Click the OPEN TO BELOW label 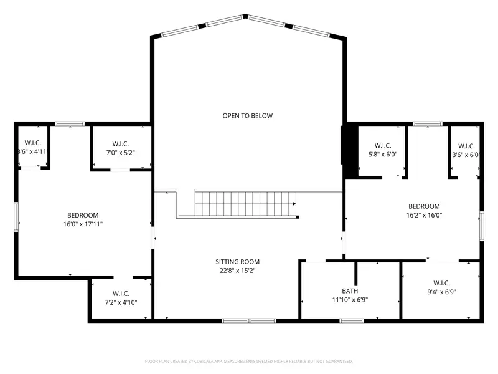[x=248, y=115]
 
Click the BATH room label [x=350, y=290]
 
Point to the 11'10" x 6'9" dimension [x=350, y=300]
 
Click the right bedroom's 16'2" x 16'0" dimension [x=424, y=216]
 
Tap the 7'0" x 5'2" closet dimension [x=120, y=153]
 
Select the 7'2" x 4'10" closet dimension [x=121, y=302]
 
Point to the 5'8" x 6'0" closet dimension [x=382, y=155]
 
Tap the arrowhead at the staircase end [x=294, y=203]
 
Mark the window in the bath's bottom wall [x=352, y=321]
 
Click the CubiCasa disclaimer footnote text [x=249, y=361]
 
